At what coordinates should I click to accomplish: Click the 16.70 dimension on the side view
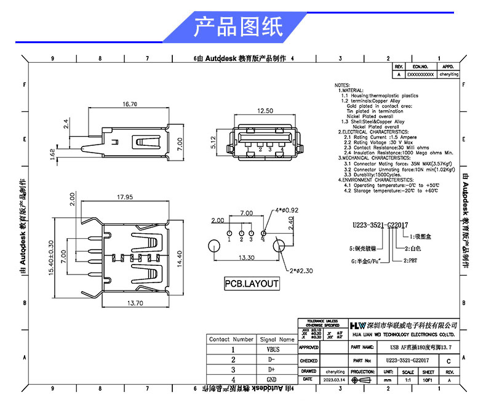130,105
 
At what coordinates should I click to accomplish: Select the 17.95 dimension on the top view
125,198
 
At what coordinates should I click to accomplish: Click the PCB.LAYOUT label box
251,284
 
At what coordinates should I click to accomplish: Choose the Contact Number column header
231,339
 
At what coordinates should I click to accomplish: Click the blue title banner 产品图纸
237,27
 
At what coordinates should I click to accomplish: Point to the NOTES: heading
341,85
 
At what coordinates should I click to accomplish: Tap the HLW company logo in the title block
357,325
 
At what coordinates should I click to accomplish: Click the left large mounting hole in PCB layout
213,244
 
